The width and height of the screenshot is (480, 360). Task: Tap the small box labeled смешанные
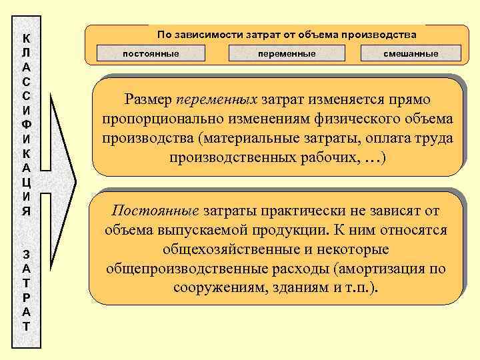pos(411,53)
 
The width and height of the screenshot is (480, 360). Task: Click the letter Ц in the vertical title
pos(25,182)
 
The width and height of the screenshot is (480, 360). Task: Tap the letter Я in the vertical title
pos(25,211)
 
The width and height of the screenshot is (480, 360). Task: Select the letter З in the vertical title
pos(25,253)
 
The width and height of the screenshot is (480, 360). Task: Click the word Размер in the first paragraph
pos(149,100)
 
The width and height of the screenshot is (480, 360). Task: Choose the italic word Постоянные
pos(155,211)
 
